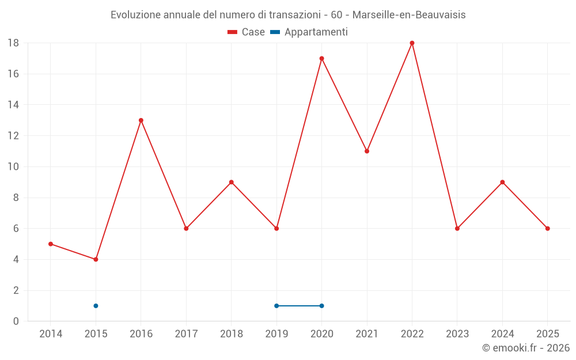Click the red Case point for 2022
tap(412, 43)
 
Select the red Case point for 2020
tap(321, 58)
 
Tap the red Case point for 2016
tap(141, 120)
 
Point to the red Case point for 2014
tap(51, 244)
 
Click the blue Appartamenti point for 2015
tap(96, 306)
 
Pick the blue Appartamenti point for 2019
tap(276, 306)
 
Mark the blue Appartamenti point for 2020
tap(321, 306)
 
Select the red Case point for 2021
tap(367, 151)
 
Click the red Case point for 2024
tap(502, 182)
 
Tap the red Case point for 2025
tap(547, 229)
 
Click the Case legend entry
tap(247, 32)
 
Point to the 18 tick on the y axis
tap(13, 43)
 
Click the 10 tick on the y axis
tap(13, 167)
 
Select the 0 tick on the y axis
tap(16, 321)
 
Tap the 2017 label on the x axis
tap(186, 334)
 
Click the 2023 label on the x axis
tap(457, 334)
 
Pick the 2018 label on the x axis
tap(231, 334)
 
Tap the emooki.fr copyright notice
tap(525, 348)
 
